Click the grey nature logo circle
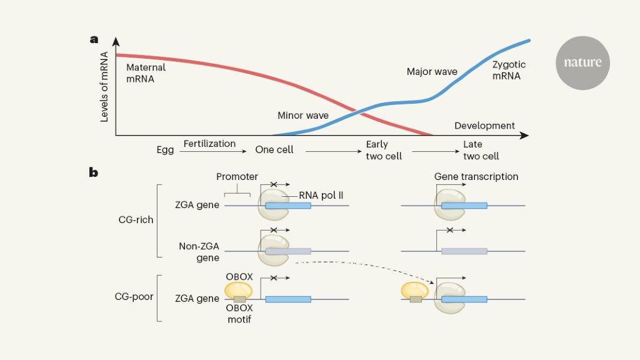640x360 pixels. (x=582, y=62)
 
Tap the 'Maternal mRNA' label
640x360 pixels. (x=146, y=73)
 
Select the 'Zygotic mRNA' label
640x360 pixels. (x=509, y=70)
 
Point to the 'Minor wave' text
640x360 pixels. (x=302, y=116)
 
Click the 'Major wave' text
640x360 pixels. (x=432, y=72)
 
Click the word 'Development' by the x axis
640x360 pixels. (x=484, y=126)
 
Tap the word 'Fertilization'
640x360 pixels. (x=209, y=144)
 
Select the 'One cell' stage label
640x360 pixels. (x=274, y=150)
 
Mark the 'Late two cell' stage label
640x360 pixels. (x=481, y=150)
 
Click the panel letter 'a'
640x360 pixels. (x=94, y=39)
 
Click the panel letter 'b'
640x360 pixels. (x=94, y=171)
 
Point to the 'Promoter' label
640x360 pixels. (x=237, y=177)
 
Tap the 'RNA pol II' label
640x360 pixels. (x=321, y=195)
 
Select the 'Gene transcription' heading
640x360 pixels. (x=476, y=177)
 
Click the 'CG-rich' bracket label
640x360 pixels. (x=136, y=220)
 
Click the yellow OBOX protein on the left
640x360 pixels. (x=238, y=289)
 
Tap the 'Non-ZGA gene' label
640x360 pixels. (x=199, y=252)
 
